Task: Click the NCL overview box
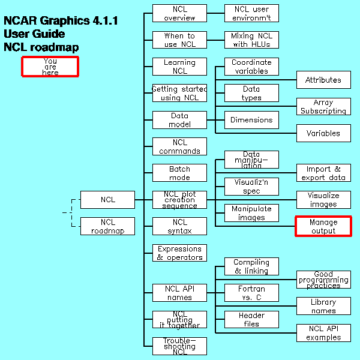(x=179, y=13)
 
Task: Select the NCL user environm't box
(x=251, y=13)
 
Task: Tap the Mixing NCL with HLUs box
(x=251, y=40)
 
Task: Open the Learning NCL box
(x=179, y=67)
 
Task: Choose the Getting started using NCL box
(x=179, y=93)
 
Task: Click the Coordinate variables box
(x=251, y=67)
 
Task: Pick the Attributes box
(x=323, y=80)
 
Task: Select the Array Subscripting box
(x=323, y=107)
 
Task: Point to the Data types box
(x=251, y=93)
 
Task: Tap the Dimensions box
(x=251, y=120)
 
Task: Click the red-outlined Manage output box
(x=323, y=226)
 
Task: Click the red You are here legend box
(x=50, y=67)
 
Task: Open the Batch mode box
(x=179, y=173)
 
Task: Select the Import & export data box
(x=323, y=173)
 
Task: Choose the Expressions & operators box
(x=179, y=253)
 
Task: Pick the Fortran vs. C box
(x=251, y=293)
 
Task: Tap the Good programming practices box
(x=323, y=280)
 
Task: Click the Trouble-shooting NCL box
(x=179, y=346)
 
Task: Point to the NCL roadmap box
(x=107, y=226)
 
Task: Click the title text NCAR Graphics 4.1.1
(x=61, y=21)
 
